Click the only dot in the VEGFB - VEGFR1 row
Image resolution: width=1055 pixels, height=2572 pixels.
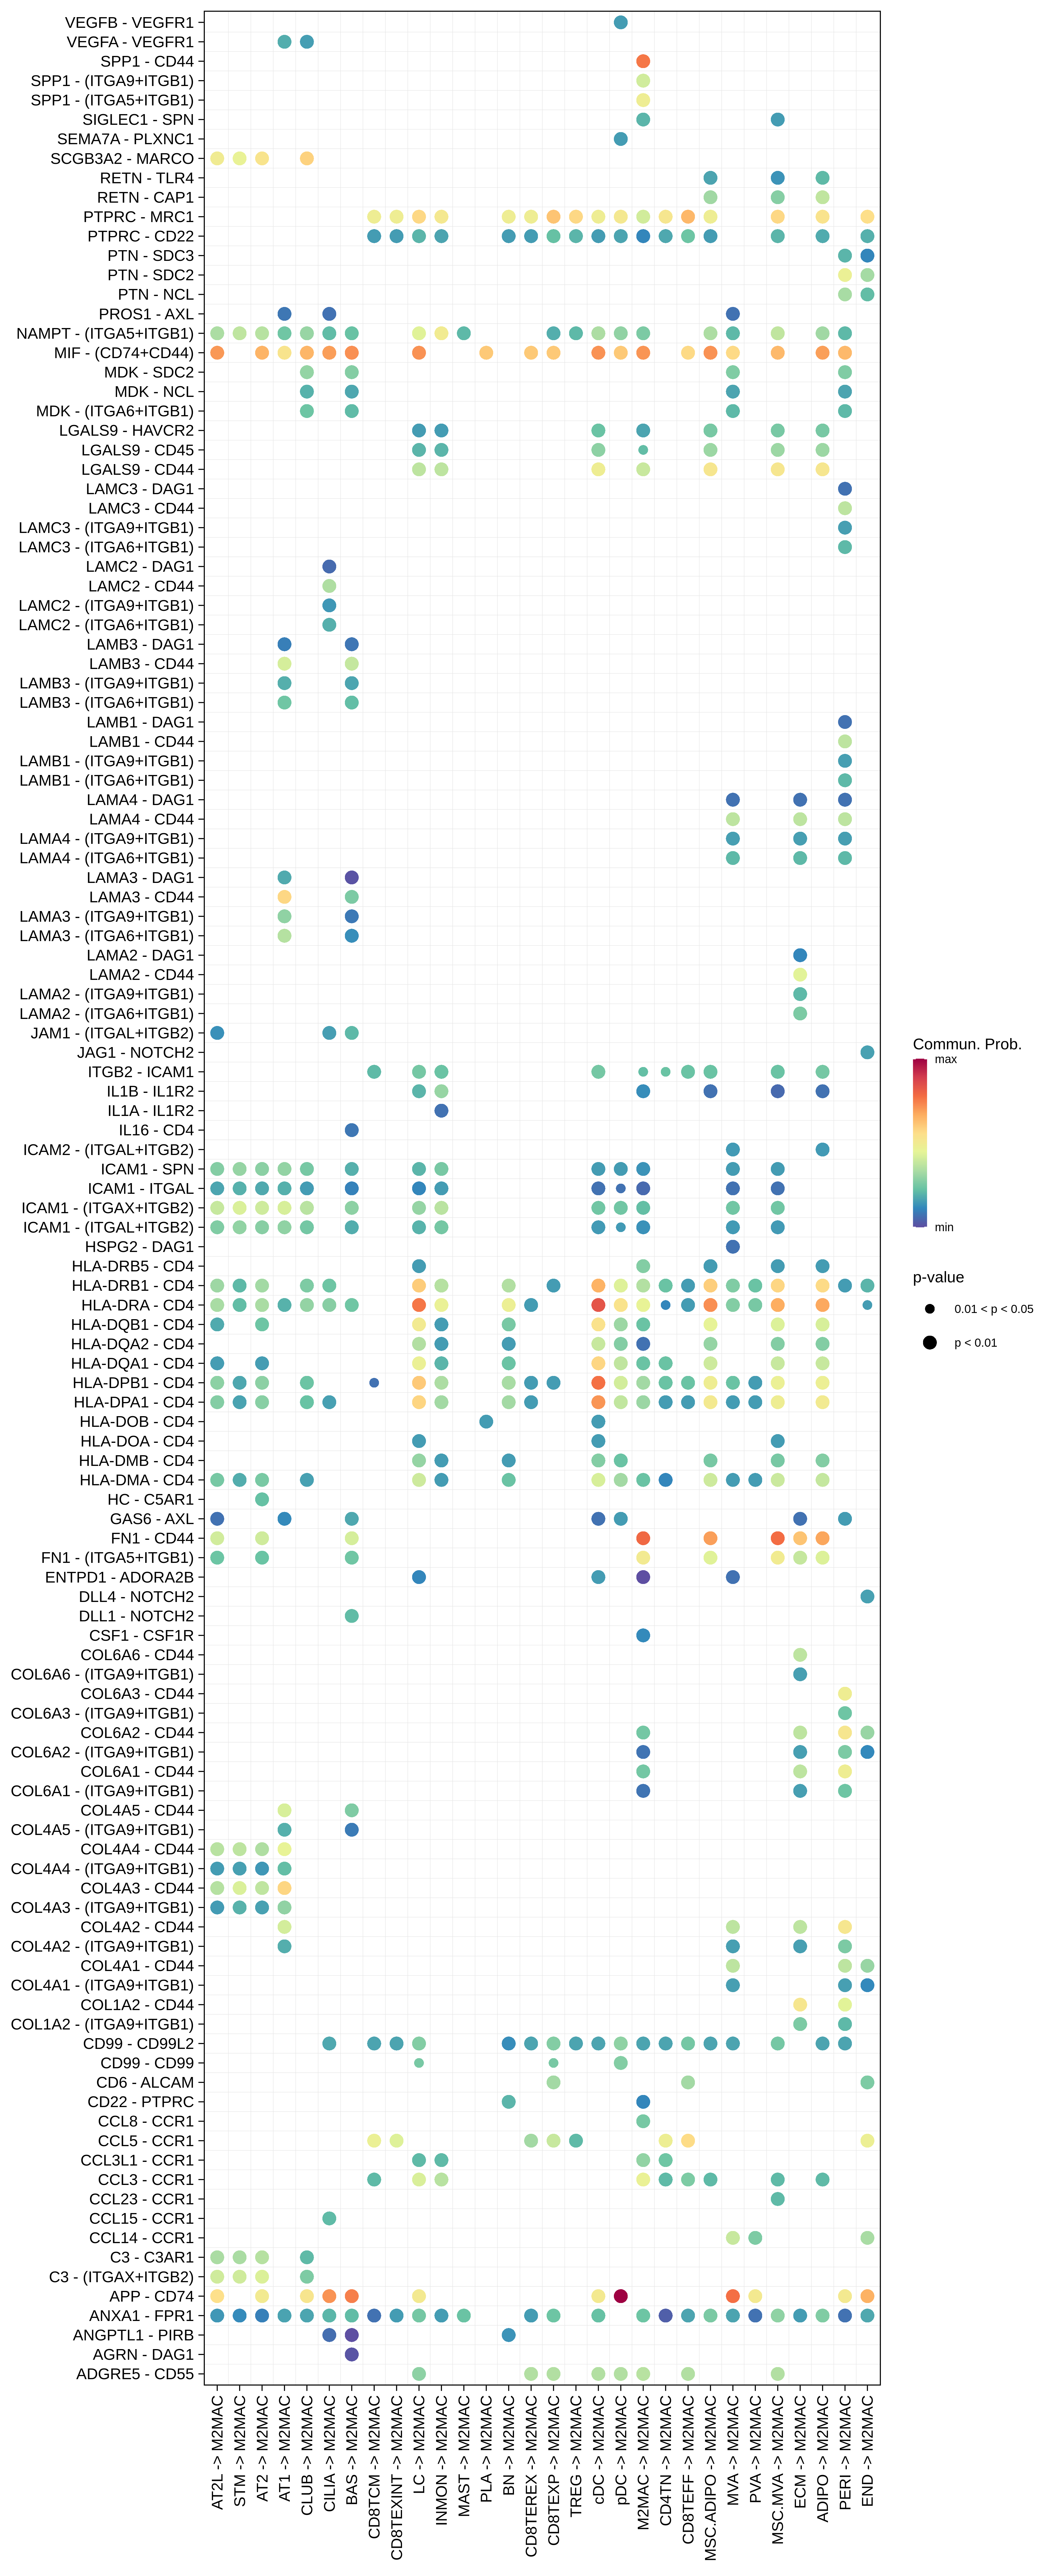point(620,22)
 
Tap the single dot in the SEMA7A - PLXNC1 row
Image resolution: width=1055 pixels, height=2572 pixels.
point(620,139)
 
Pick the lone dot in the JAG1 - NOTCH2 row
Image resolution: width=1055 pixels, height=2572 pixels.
point(867,1052)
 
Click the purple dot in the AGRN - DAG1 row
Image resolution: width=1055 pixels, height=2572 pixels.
point(352,2354)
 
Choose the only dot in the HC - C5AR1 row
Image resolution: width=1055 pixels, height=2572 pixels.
point(262,1500)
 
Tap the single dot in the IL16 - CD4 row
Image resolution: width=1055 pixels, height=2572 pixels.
point(352,1130)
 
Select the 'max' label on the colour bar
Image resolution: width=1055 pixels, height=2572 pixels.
point(945,1059)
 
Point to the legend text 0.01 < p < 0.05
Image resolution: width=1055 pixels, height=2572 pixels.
point(993,1309)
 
